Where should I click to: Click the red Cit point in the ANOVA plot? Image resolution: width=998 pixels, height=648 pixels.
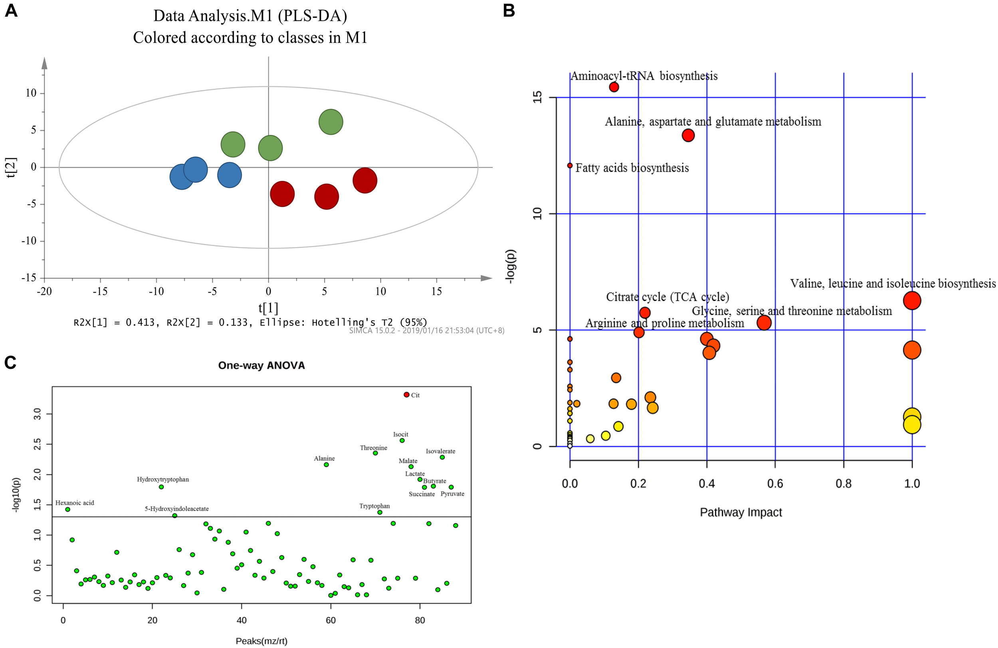pyautogui.click(x=406, y=395)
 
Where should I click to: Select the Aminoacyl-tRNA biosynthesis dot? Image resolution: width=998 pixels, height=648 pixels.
pyautogui.click(x=614, y=87)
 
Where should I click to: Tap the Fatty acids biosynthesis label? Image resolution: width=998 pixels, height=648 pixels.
pyautogui.click(x=632, y=168)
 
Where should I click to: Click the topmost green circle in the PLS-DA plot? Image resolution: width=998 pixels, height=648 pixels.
pyautogui.click(x=331, y=122)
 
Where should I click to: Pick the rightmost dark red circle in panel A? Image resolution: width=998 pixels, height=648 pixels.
pyautogui.click(x=365, y=180)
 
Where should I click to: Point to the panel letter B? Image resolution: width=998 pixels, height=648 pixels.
pyautogui.click(x=509, y=10)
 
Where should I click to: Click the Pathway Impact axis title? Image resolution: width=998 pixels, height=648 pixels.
pyautogui.click(x=741, y=512)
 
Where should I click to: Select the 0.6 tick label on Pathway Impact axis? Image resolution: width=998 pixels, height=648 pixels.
pyautogui.click(x=775, y=484)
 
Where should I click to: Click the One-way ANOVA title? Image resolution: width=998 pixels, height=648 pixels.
pyautogui.click(x=261, y=365)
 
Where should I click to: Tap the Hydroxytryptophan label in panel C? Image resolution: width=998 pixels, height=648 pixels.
pyautogui.click(x=163, y=480)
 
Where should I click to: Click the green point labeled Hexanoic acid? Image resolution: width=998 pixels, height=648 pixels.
pyautogui.click(x=67, y=509)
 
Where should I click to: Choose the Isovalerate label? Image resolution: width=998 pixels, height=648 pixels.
pyautogui.click(x=440, y=451)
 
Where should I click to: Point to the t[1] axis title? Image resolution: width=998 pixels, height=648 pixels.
pyautogui.click(x=268, y=308)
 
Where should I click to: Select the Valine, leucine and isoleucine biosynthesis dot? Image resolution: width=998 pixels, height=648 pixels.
pyautogui.click(x=912, y=300)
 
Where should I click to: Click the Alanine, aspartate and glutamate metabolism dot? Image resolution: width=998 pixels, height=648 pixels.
pyautogui.click(x=688, y=135)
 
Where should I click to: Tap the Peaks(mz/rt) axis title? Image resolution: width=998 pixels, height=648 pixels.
pyautogui.click(x=261, y=640)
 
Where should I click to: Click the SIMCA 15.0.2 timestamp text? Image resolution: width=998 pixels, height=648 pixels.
pyautogui.click(x=426, y=331)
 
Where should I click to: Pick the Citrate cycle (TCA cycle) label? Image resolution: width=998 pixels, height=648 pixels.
pyautogui.click(x=667, y=297)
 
